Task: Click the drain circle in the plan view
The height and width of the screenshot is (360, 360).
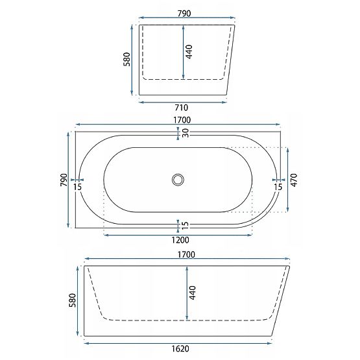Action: (x=178, y=180)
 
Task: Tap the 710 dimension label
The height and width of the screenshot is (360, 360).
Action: (x=182, y=108)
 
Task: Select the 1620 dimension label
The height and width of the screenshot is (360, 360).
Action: (x=180, y=349)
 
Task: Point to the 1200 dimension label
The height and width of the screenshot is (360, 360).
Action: (x=180, y=240)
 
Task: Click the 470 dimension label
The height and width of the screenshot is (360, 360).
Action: (x=294, y=180)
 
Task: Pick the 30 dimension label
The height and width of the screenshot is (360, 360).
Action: (x=186, y=133)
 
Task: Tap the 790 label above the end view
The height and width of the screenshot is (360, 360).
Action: (x=184, y=14)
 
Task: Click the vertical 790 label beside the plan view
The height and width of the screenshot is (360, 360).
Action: (x=64, y=180)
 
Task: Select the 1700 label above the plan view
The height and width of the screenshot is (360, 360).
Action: (x=182, y=120)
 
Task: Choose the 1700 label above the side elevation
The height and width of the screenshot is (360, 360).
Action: (x=186, y=255)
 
